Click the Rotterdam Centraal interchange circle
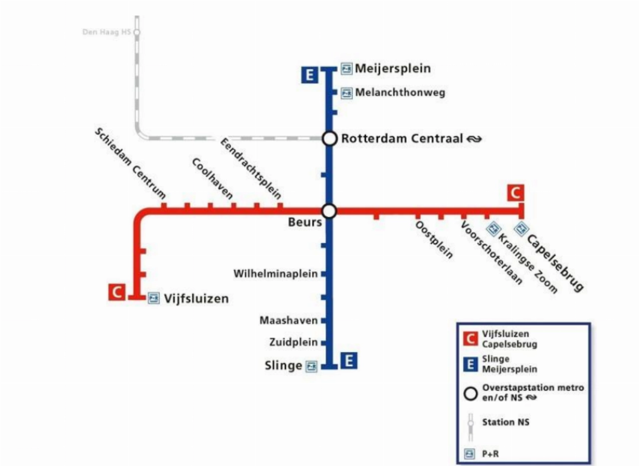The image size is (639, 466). (329, 139)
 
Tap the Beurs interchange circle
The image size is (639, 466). (329, 211)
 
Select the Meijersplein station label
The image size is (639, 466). (392, 68)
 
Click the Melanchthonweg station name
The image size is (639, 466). (400, 93)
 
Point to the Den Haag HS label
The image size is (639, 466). (106, 33)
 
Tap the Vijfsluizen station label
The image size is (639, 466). (196, 299)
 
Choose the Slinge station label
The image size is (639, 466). (283, 366)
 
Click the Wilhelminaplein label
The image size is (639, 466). (276, 274)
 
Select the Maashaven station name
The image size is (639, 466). (289, 320)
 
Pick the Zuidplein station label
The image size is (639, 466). (294, 342)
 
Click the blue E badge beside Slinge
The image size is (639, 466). (349, 360)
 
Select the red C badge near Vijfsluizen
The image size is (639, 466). (117, 292)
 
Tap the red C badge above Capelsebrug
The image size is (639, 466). (516, 192)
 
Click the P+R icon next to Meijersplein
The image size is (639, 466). (347, 68)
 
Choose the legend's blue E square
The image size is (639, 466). (469, 364)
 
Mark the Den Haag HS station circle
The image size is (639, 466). (137, 32)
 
